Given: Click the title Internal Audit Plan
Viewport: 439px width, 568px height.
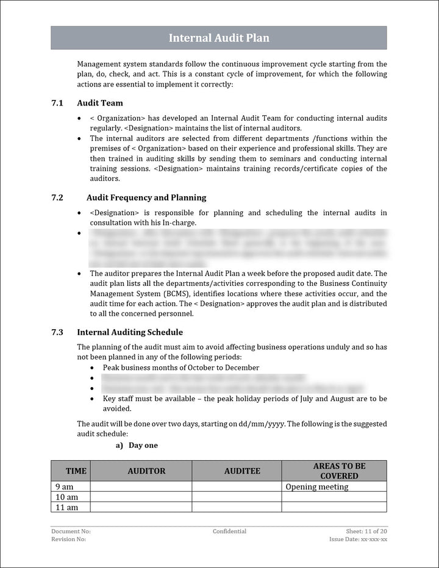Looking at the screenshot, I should pos(219,38).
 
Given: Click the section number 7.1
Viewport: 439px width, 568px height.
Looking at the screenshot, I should pos(57,103).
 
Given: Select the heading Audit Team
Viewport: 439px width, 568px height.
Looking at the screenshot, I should pos(100,103).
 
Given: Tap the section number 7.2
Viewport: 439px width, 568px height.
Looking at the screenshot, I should pos(57,197).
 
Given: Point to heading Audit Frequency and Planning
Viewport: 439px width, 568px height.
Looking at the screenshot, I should pos(146,197).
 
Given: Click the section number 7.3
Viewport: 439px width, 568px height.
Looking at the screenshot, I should pos(57,332).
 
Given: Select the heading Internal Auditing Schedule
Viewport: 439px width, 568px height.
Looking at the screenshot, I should pos(130,332).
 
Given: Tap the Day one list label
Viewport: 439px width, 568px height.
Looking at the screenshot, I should pos(143,446).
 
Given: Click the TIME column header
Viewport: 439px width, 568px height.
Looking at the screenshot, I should pos(76,471).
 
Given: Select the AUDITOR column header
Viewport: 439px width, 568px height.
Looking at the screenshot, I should pos(146,471).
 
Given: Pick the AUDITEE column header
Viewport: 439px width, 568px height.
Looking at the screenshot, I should pos(242,471).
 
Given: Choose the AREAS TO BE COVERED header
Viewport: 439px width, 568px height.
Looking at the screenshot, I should pos(339,470).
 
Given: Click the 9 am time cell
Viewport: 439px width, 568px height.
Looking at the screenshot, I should pos(64,487).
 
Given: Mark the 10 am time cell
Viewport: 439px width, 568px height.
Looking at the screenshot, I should pos(66,497).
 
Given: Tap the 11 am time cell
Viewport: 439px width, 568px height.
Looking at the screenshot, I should pos(66,508).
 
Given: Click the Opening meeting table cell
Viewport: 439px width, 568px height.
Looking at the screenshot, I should pos(317,487).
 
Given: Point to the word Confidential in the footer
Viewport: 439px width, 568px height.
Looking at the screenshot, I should pos(229,531).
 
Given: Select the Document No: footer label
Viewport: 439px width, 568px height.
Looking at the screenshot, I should pos(71,531).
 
